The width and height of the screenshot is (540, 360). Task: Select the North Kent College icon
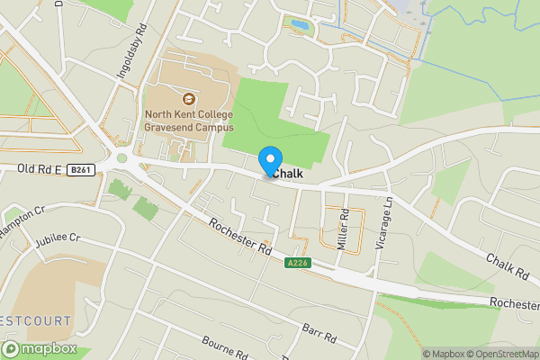tap(189, 99)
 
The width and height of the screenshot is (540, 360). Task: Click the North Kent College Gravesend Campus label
tap(188, 121)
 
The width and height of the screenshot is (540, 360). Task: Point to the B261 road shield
tap(81, 169)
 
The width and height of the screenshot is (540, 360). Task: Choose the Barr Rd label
tap(319, 332)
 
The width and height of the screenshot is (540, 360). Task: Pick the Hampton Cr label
tap(22, 220)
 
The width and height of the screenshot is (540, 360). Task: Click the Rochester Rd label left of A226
tap(238, 235)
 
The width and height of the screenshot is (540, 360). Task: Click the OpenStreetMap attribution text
tap(500, 353)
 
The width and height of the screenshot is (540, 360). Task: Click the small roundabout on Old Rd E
tap(122, 158)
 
